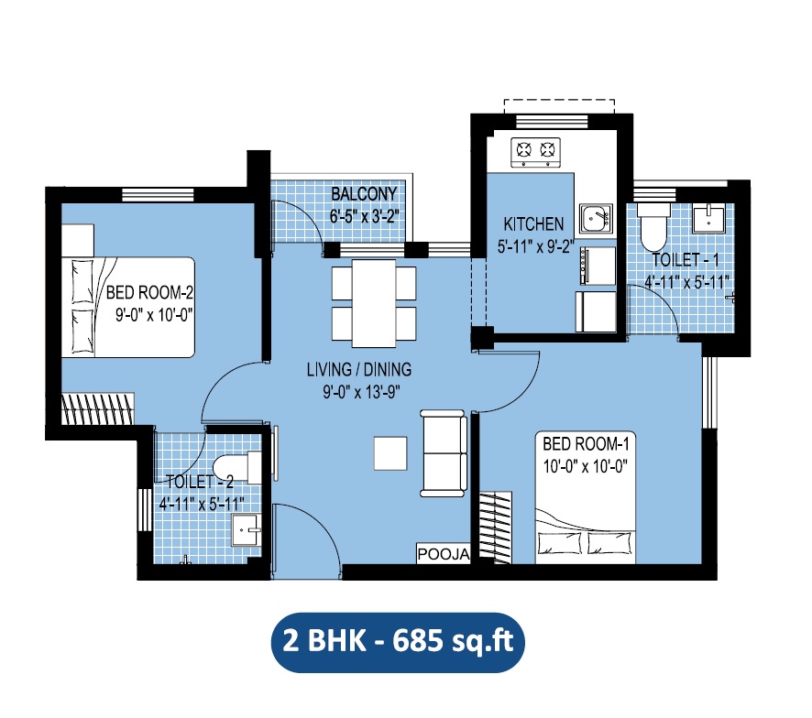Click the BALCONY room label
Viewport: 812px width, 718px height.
pos(364,194)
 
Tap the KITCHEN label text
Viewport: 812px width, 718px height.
pos(533,223)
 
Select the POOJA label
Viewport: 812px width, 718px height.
pos(444,555)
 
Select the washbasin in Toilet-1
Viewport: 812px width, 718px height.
pos(708,219)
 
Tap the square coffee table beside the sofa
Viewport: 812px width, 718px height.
pos(390,452)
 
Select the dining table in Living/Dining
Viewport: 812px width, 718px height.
pos(373,299)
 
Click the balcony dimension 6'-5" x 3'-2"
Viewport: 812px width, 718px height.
pos(364,217)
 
